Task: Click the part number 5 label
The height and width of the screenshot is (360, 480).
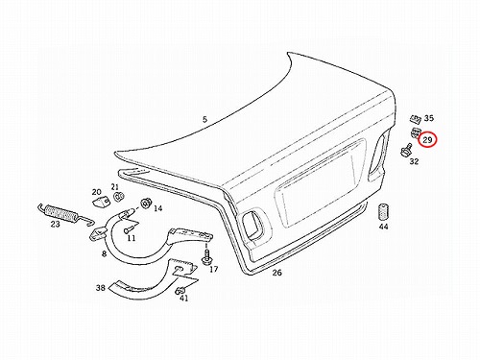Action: coord(204,120)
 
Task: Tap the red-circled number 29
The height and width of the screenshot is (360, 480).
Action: coord(427,140)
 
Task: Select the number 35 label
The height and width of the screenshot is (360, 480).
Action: coord(429,118)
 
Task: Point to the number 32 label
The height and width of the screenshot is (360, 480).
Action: coord(414,161)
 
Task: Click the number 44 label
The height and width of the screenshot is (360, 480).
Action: coord(384,227)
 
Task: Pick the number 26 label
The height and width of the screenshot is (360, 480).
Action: coord(277,273)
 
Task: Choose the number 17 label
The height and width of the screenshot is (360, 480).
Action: coord(214,269)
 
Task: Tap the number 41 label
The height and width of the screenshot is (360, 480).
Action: coord(183,299)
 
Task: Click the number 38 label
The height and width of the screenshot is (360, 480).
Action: coord(101,288)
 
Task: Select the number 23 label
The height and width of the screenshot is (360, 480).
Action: coord(55,224)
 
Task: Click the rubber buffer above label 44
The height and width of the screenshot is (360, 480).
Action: coord(383,211)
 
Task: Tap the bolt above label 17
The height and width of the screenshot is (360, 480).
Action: coord(206,257)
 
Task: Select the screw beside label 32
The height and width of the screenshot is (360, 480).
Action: coord(406,150)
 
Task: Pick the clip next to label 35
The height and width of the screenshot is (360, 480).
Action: coord(415,119)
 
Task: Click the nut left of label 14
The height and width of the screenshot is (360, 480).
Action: coord(146,203)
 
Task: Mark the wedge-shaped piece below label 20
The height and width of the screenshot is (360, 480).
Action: coord(101,202)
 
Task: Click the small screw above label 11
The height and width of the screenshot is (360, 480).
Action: coord(127,230)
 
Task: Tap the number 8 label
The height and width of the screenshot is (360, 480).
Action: coord(104,253)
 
